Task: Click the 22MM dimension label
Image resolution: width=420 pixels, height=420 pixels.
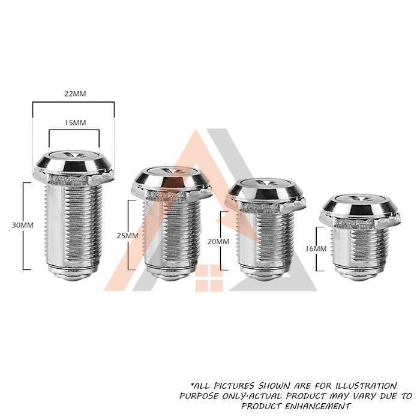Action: click(x=75, y=94)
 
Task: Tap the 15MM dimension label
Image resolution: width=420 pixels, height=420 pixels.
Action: click(x=76, y=122)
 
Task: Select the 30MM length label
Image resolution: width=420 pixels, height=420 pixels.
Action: click(x=23, y=225)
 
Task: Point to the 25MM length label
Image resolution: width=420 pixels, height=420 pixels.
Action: click(x=127, y=236)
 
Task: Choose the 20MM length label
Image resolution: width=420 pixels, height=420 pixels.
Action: click(x=218, y=242)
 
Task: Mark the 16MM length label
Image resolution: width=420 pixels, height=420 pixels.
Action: click(x=316, y=249)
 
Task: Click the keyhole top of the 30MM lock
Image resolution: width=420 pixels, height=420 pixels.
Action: click(x=74, y=155)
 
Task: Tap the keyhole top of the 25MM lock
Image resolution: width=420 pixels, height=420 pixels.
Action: click(x=172, y=171)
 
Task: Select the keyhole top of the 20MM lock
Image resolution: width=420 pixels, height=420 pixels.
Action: click(x=266, y=183)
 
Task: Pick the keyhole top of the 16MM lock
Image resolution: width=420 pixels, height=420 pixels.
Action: click(x=359, y=200)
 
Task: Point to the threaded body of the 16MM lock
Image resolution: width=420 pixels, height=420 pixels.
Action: click(x=359, y=246)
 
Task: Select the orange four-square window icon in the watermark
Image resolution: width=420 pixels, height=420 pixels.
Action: click(x=209, y=278)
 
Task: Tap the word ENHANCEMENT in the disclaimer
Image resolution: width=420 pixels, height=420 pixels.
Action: click(x=317, y=406)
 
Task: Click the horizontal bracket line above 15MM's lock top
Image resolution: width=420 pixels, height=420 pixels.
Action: click(x=74, y=130)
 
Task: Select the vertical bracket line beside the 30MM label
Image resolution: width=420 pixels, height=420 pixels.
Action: click(x=23, y=226)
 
